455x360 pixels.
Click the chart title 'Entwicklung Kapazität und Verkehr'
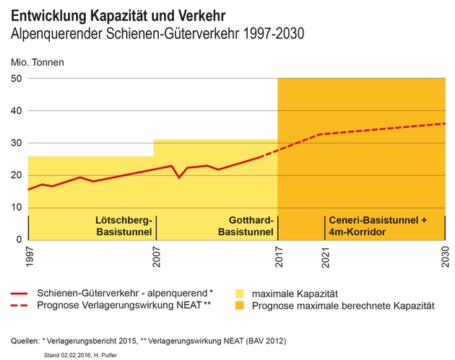(x=118, y=16)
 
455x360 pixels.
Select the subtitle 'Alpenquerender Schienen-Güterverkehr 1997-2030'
(x=157, y=33)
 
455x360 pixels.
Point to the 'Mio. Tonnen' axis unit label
(x=37, y=62)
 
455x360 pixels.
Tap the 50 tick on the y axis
(x=16, y=78)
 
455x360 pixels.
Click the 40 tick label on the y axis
(x=16, y=110)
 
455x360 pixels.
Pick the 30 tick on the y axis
(x=16, y=143)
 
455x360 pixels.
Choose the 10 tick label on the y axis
(x=16, y=208)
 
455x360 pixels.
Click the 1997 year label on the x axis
(x=30, y=257)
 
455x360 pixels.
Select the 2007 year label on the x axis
(x=157, y=257)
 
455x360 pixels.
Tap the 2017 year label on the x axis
(x=279, y=257)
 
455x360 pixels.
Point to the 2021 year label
(x=326, y=258)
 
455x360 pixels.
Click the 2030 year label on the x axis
(x=446, y=257)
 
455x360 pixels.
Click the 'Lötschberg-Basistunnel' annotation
(x=124, y=226)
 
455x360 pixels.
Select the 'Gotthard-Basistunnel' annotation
(x=246, y=226)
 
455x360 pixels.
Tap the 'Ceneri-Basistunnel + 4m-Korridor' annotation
(x=378, y=226)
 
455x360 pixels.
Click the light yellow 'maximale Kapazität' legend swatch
(x=239, y=294)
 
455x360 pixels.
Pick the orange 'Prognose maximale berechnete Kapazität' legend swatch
(x=239, y=305)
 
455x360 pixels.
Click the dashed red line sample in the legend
(x=19, y=305)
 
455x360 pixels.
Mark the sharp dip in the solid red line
(x=179, y=177)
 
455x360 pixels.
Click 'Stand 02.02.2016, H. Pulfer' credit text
(x=80, y=355)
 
